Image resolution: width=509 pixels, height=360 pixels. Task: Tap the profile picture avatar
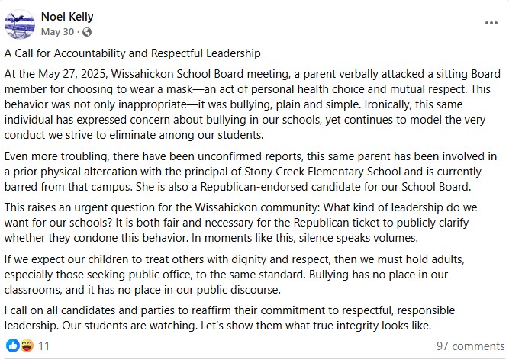click(x=19, y=24)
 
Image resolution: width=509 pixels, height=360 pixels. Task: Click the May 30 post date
click(x=58, y=32)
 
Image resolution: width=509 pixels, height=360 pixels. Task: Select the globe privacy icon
click(x=86, y=32)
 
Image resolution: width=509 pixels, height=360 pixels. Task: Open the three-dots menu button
click(x=491, y=24)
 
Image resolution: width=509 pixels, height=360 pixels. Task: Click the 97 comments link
click(x=470, y=346)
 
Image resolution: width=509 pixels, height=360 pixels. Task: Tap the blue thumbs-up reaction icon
click(x=11, y=346)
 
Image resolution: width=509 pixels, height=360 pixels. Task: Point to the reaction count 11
click(x=43, y=346)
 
